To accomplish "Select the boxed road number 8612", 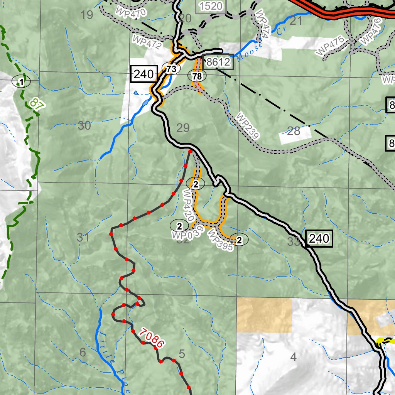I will tap(218, 62).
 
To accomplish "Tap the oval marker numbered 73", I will tap(172, 69).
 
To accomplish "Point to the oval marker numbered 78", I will tap(197, 76).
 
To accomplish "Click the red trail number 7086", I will tap(152, 338).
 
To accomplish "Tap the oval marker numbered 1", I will tap(22, 81).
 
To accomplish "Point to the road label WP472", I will tap(147, 42).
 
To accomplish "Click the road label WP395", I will tap(220, 240).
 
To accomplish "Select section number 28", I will tap(294, 131).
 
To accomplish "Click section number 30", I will tap(84, 125).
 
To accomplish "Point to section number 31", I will tap(83, 238).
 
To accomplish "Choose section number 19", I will tap(87, 15).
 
